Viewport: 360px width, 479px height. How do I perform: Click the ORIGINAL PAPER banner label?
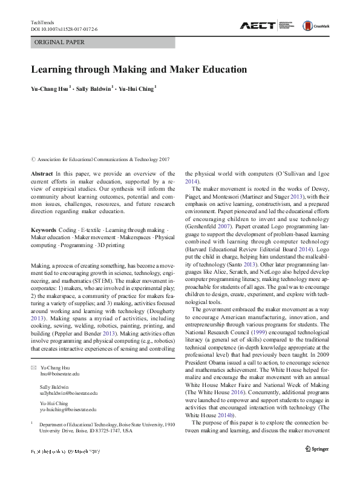59,42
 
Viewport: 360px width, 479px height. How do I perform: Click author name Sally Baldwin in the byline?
93,88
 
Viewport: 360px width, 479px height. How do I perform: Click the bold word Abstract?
41,173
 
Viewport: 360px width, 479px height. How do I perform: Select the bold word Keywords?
44,231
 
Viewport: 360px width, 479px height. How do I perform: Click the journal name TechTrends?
42,22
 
